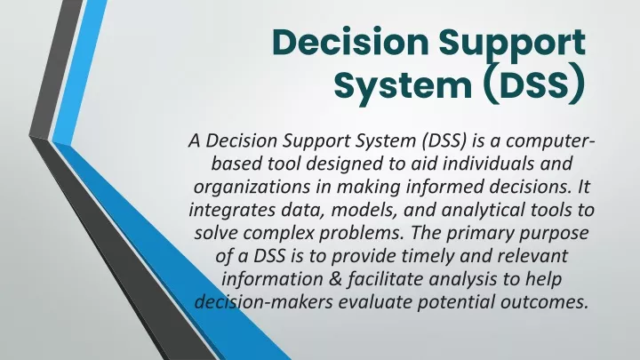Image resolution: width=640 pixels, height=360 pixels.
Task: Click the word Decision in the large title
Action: point(350,42)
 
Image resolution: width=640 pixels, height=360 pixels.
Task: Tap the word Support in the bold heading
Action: point(513,45)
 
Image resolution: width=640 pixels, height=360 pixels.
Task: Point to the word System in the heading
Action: point(403,86)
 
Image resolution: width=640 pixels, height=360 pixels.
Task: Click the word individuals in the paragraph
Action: point(489,164)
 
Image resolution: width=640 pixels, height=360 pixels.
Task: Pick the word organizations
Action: point(252,188)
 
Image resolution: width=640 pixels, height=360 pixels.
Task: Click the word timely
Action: point(428,257)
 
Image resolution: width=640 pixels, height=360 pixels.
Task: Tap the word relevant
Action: point(532,257)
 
